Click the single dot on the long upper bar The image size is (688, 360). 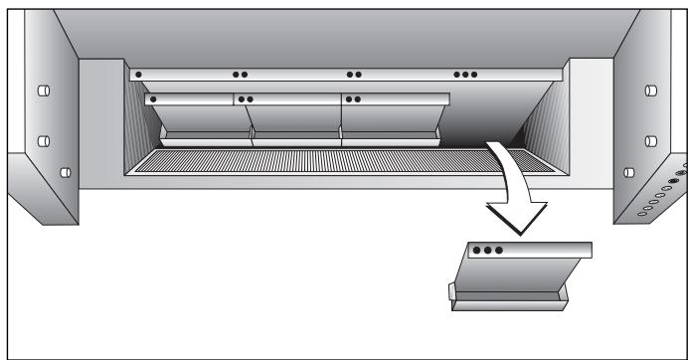[139, 74]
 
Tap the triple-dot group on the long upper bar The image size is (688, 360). [465, 74]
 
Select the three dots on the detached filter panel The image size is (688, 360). [487, 250]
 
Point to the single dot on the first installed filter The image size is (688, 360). [153, 99]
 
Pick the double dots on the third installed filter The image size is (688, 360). [352, 99]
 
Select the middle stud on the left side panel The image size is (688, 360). [43, 139]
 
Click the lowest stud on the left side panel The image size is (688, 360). [65, 171]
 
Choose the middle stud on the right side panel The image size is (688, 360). [649, 139]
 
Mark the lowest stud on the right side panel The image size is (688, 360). [628, 171]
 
